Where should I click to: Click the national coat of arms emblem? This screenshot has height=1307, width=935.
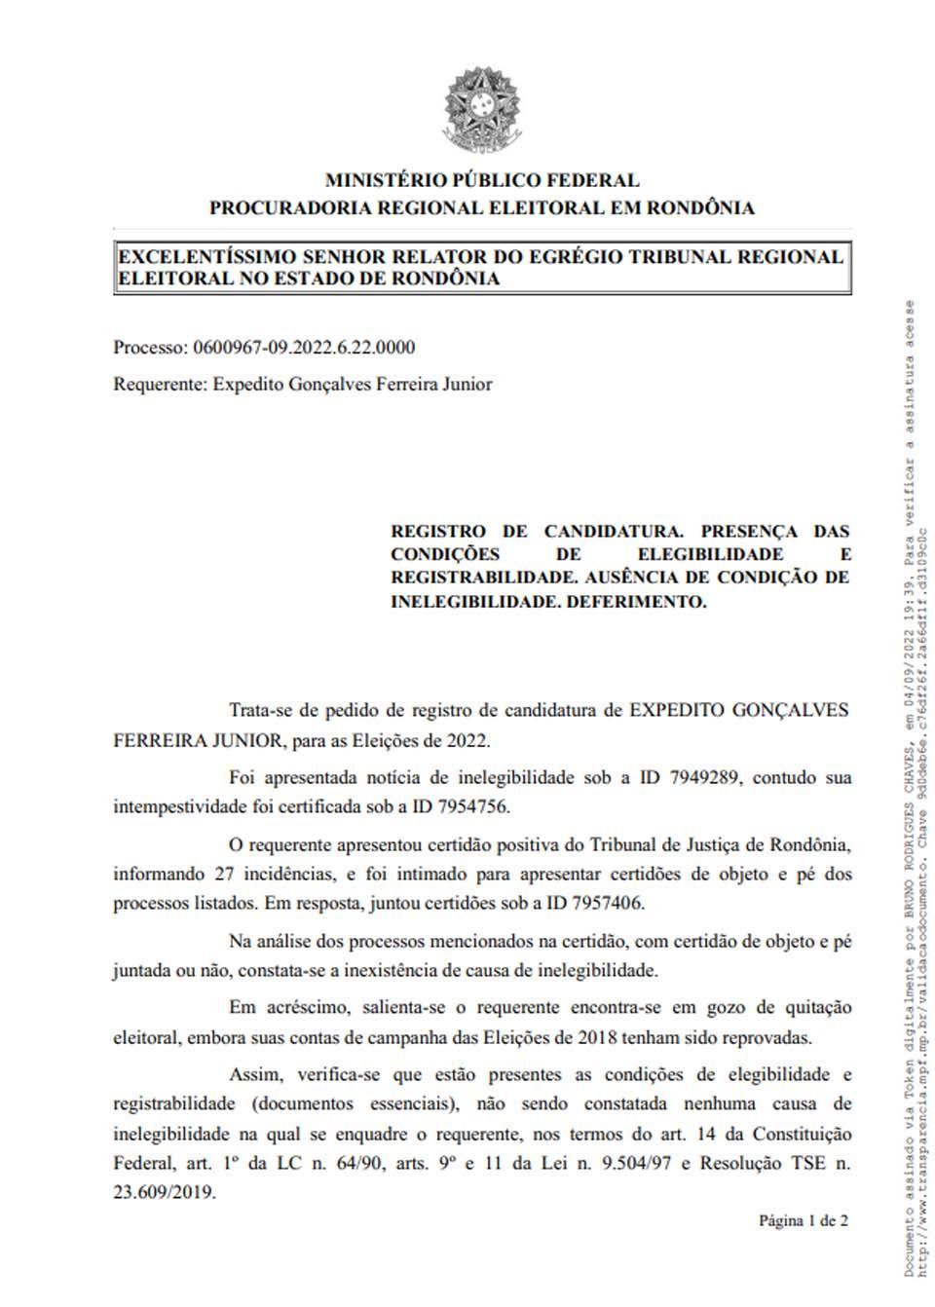pyautogui.click(x=482, y=110)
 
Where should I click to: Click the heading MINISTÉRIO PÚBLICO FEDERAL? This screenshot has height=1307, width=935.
pyautogui.click(x=482, y=180)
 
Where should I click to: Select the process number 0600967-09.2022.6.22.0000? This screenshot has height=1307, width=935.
pyautogui.click(x=304, y=348)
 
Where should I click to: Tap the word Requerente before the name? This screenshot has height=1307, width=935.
pyautogui.click(x=159, y=384)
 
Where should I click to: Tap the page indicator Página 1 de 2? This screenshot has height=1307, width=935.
pyautogui.click(x=804, y=1220)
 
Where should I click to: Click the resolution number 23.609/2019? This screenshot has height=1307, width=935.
pyautogui.click(x=165, y=1191)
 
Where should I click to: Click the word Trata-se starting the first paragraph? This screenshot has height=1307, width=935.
pyautogui.click(x=261, y=710)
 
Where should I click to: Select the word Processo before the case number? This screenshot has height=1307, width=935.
pyautogui.click(x=149, y=348)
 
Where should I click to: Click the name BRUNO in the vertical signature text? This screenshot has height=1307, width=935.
pyautogui.click(x=910, y=863)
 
